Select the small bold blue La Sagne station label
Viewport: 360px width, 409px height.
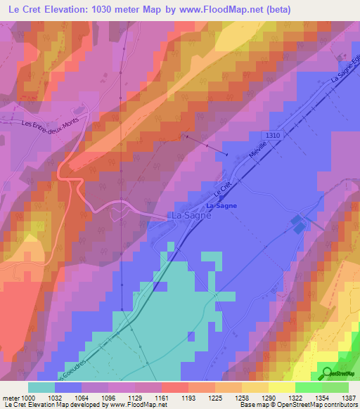click(x=221, y=205)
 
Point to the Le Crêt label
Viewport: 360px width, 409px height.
click(x=224, y=189)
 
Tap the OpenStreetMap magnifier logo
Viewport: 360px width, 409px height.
click(x=328, y=373)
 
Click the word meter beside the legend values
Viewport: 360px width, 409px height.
click(x=10, y=398)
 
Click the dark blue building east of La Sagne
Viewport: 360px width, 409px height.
click(x=298, y=225)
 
